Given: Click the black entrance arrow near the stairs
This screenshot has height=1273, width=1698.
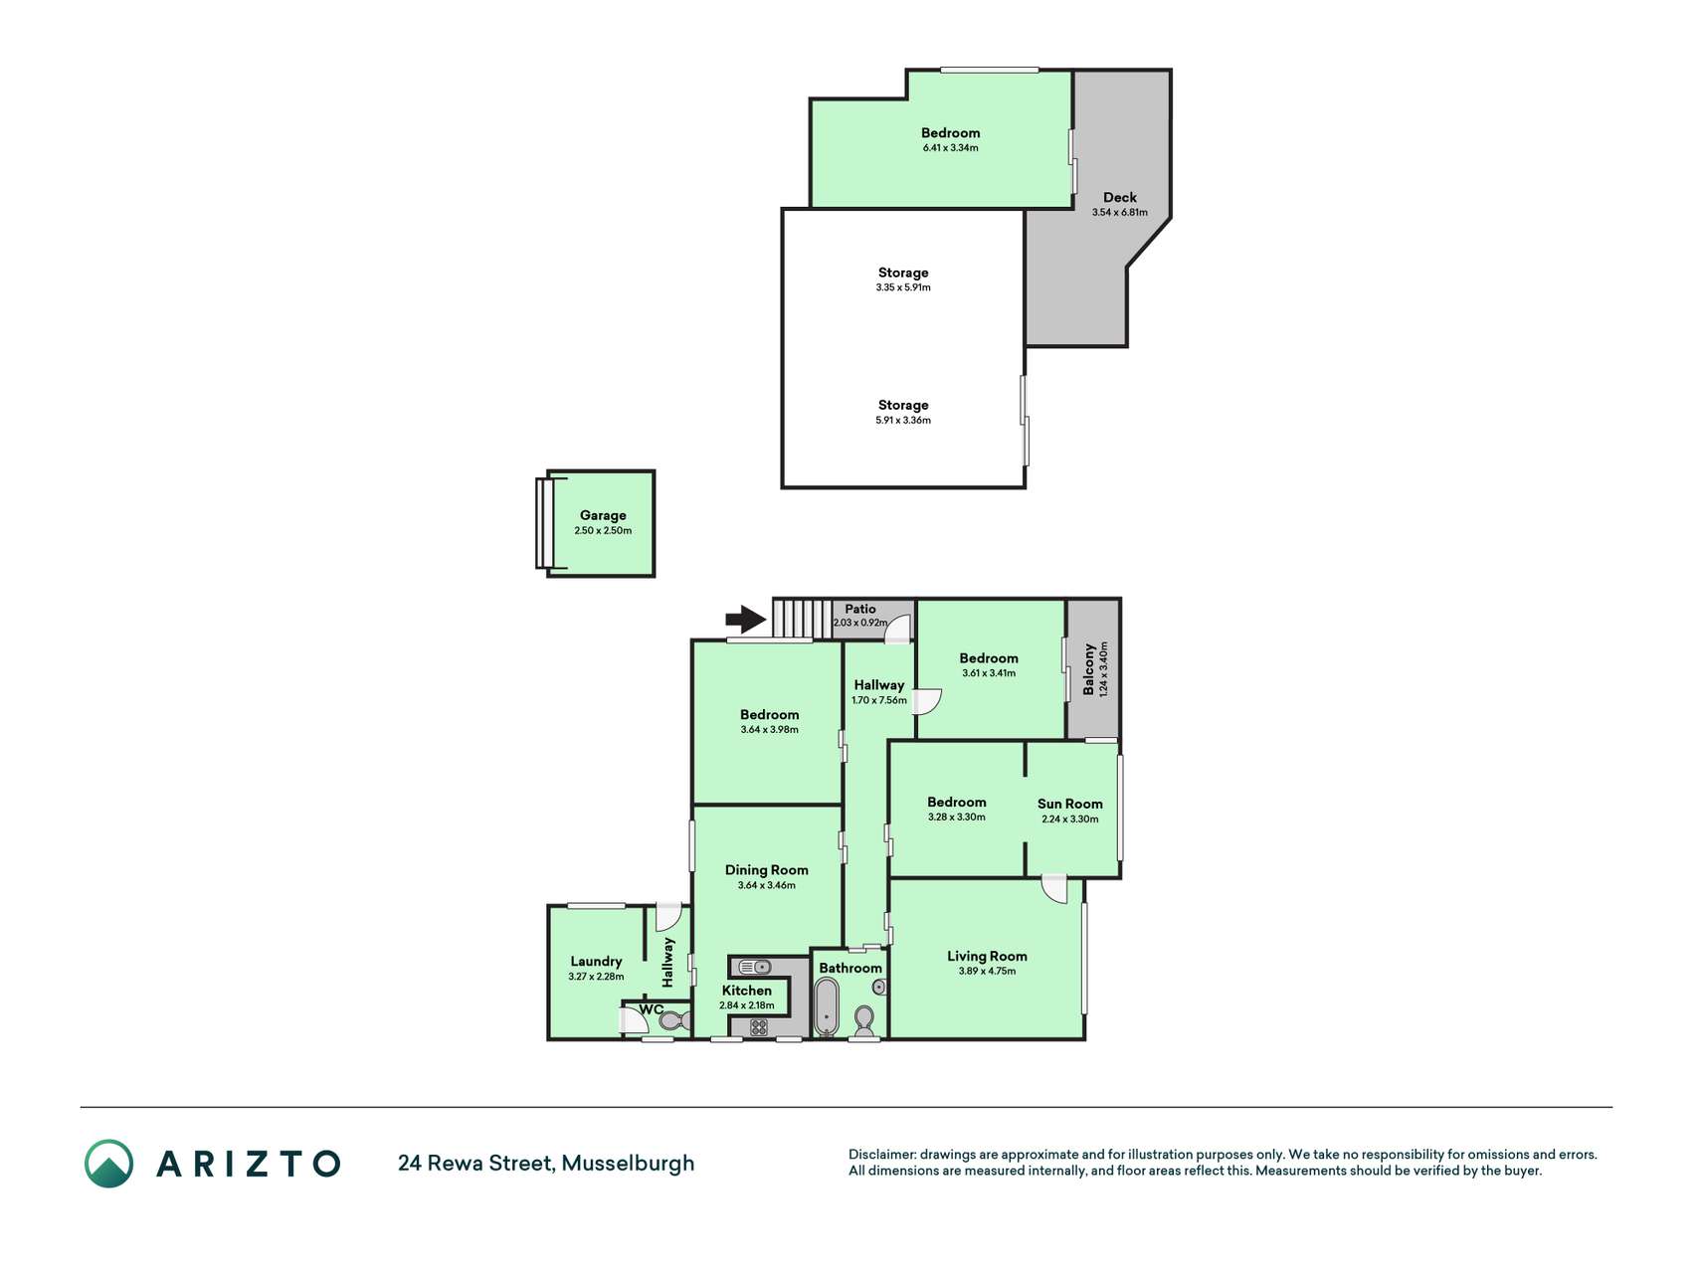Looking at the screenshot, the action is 746,620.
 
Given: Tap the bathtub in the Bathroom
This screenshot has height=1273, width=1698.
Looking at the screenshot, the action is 826,1007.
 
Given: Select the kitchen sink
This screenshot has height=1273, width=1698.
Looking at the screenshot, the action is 755,967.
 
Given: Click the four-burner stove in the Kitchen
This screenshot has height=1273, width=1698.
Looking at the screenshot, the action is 759,1027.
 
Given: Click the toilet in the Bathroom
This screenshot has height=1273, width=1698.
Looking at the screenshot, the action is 864,1020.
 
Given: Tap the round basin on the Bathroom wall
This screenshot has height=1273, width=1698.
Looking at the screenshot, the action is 879,987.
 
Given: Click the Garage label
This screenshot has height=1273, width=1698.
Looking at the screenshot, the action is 603,515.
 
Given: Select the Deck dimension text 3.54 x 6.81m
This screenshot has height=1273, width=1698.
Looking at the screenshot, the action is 1120,213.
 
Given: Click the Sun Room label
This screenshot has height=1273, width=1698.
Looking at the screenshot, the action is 1070,804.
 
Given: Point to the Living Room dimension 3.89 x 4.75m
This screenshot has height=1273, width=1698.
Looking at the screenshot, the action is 987,972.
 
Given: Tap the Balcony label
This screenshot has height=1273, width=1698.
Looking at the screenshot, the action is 1089,668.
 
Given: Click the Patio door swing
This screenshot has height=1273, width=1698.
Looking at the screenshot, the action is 898,627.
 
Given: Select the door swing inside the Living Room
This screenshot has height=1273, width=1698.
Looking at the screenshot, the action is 1053,889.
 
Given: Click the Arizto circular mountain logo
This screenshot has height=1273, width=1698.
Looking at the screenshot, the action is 108,1164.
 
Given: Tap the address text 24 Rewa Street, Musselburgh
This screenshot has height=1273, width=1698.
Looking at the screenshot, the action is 546,1164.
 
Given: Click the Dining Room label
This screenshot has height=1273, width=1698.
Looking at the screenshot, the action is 767,870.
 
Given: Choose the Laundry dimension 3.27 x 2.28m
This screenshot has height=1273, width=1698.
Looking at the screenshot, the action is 596,977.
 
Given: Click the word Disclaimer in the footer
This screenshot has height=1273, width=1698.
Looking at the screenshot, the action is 881,1155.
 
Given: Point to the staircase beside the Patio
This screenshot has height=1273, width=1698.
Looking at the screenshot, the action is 803,619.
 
